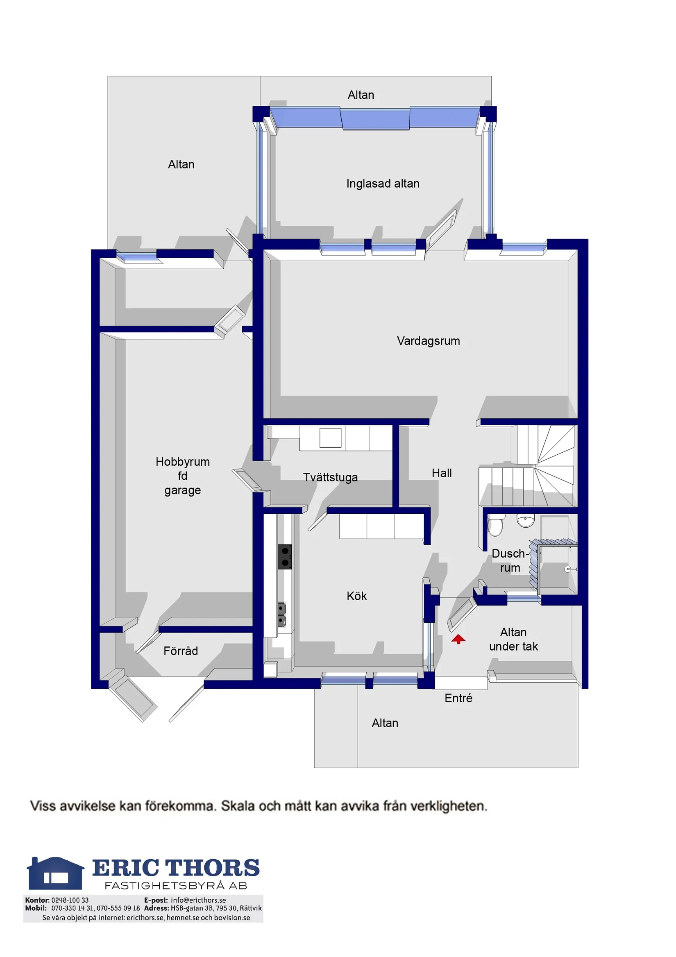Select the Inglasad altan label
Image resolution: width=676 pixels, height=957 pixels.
383,184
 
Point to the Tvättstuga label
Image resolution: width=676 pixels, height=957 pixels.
330,477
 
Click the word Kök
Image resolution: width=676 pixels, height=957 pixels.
356,596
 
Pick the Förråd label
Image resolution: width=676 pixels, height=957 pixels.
180,651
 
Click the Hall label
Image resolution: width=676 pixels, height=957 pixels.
441,473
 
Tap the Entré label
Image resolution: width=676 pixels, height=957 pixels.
458,698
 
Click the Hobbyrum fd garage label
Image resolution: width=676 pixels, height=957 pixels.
183,476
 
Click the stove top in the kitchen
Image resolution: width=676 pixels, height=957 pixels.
285,556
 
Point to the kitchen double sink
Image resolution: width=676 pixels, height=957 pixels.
282,615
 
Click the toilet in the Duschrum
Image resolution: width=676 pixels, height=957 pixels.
495,525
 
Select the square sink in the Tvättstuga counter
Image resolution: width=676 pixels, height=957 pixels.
330,438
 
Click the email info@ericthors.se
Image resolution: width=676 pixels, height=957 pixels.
198,900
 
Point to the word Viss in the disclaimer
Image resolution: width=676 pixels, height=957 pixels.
43,806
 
